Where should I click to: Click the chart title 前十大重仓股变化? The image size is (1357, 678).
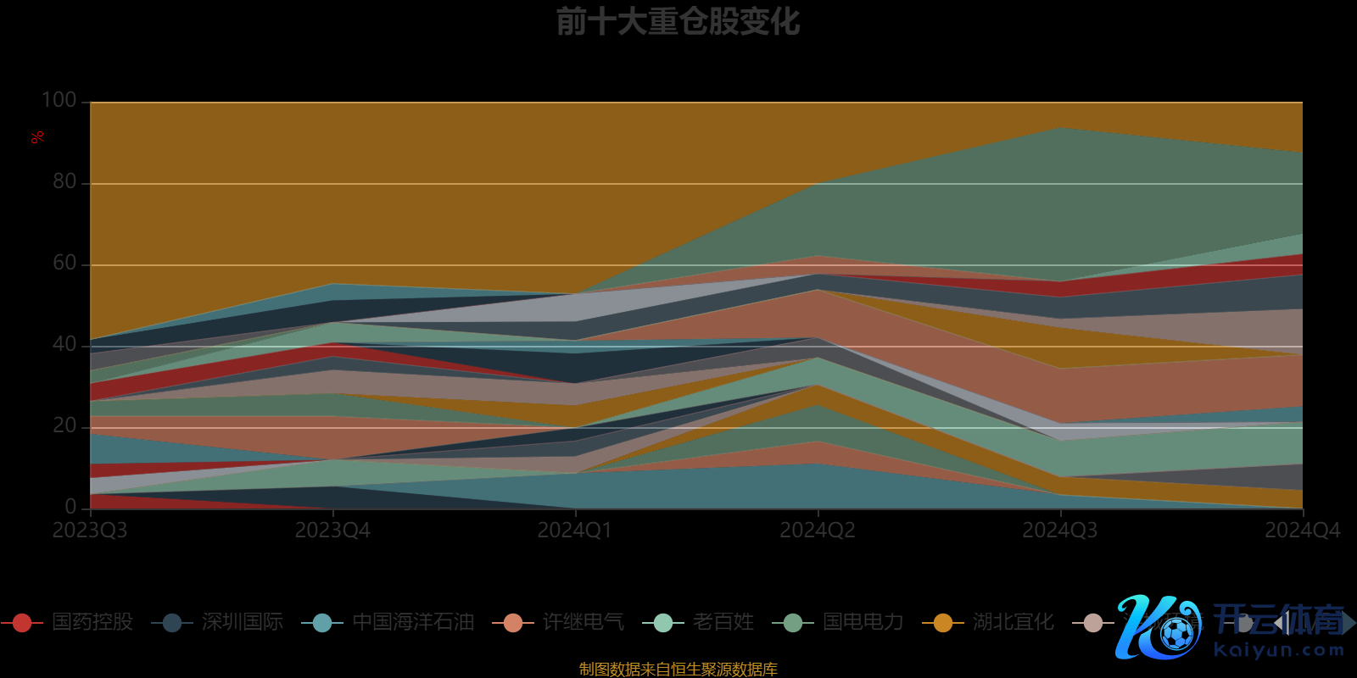click(678, 22)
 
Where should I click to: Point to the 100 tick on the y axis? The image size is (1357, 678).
click(59, 101)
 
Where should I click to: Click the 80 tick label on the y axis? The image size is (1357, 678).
click(64, 182)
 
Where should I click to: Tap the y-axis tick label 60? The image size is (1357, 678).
click(64, 264)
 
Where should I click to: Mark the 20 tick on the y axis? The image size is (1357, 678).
click(64, 426)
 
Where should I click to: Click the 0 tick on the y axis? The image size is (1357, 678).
click(70, 507)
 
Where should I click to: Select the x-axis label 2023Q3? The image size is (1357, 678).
click(90, 531)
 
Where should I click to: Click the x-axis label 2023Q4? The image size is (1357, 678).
click(332, 531)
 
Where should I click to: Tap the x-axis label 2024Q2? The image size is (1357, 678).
click(818, 531)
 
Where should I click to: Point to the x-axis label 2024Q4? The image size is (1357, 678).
click(1302, 531)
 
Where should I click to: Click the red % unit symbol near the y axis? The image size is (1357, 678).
click(37, 137)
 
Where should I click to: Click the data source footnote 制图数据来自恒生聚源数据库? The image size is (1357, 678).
click(678, 670)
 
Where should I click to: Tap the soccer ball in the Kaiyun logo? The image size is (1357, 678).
click(1176, 633)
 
